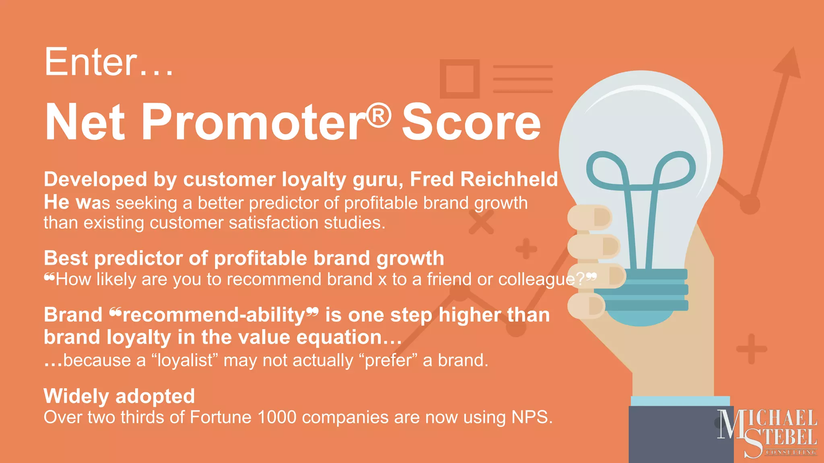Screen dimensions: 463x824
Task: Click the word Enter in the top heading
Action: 91,62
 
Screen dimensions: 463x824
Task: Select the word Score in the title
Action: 471,122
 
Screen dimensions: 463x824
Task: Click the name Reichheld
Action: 509,179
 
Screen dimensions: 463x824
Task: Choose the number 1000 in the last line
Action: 277,417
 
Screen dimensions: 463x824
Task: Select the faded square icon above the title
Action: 459,79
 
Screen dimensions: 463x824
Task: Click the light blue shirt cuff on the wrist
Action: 680,401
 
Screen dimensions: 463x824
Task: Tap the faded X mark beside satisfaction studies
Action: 481,222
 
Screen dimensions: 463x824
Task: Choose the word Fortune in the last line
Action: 220,417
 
